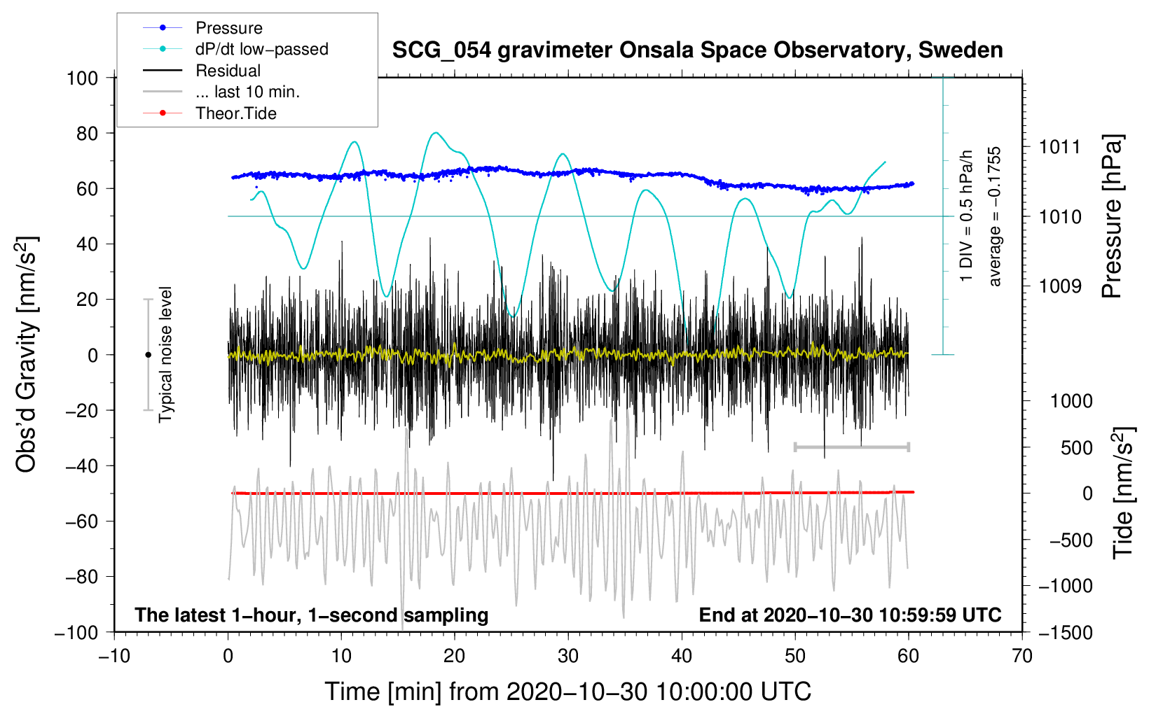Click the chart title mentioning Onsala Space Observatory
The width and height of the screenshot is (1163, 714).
pyautogui.click(x=697, y=50)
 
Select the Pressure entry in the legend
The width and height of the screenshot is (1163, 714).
pyautogui.click(x=228, y=28)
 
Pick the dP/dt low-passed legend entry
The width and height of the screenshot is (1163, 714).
pyautogui.click(x=261, y=49)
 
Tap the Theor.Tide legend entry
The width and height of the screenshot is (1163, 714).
pyautogui.click(x=235, y=113)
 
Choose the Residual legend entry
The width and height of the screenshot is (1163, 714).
pyautogui.click(x=228, y=71)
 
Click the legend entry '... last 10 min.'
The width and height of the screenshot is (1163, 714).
pyautogui.click(x=247, y=92)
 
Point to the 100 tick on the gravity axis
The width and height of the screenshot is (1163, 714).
pyautogui.click(x=82, y=78)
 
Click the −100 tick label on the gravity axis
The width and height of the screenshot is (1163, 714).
pyautogui.click(x=77, y=632)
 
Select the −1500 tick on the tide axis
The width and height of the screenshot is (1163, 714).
pyautogui.click(x=1066, y=632)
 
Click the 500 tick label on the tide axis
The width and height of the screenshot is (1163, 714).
pyautogui.click(x=1076, y=447)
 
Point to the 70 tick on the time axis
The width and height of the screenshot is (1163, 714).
pyautogui.click(x=1022, y=656)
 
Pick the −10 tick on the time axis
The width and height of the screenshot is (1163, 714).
pyautogui.click(x=114, y=656)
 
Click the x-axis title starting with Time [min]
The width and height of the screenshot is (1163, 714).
pyautogui.click(x=567, y=692)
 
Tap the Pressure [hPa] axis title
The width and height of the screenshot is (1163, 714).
pyautogui.click(x=1112, y=217)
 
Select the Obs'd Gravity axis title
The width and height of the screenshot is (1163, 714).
pyautogui.click(x=26, y=355)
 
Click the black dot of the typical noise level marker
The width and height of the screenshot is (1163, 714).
pyautogui.click(x=148, y=355)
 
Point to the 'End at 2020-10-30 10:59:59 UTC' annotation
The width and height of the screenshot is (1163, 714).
pyautogui.click(x=850, y=615)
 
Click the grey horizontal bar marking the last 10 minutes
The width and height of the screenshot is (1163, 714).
pyautogui.click(x=851, y=447)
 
